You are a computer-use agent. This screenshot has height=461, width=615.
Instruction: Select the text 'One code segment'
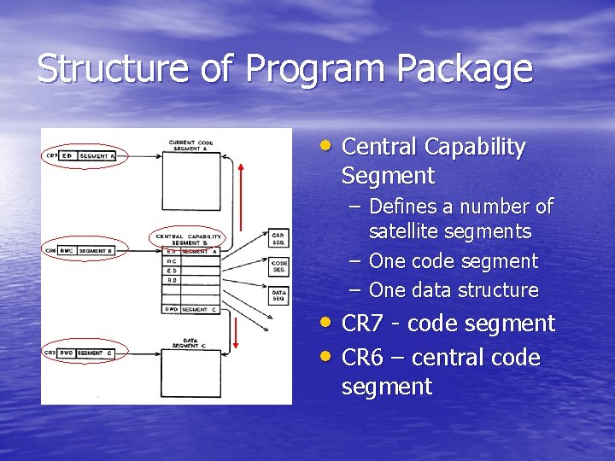[x=453, y=261]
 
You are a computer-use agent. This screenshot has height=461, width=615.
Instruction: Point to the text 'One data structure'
[x=453, y=290]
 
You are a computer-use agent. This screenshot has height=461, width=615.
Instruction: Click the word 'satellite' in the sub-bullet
[x=406, y=232]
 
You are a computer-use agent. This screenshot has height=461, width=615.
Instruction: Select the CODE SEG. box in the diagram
[x=278, y=266]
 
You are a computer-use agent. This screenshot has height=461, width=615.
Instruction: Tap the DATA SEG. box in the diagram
[x=278, y=295]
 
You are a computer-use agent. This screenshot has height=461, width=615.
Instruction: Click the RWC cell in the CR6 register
[x=67, y=250]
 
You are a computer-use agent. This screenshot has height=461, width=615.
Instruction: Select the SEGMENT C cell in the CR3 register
[x=97, y=353]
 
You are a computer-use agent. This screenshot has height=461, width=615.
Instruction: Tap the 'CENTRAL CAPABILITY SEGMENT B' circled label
[x=188, y=239]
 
